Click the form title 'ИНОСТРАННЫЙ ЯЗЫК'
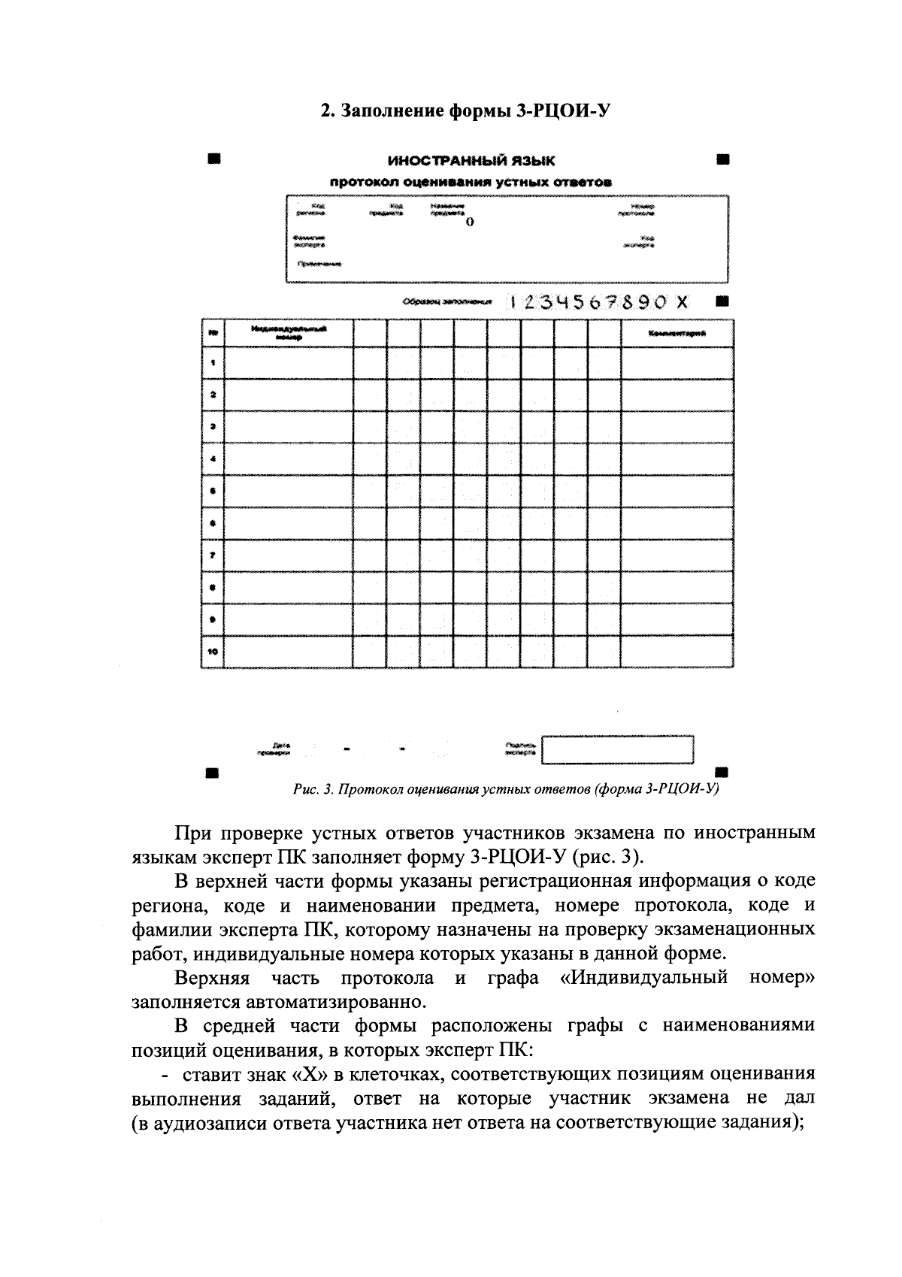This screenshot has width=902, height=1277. pos(471,161)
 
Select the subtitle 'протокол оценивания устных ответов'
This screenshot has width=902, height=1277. pos(471,181)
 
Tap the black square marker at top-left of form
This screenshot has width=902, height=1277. pos(214,159)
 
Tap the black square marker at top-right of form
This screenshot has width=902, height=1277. pos(722,159)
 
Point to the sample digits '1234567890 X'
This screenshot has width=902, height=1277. pos(598,302)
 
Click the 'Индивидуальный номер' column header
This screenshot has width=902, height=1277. pos(289,333)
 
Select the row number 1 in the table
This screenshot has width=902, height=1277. pos(213,363)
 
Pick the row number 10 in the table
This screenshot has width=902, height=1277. pos(213,651)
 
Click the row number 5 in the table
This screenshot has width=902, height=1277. pos(213,492)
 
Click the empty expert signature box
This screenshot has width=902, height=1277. pos(617,749)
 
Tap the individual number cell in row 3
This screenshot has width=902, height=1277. pos(289,427)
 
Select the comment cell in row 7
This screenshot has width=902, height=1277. pos(676,555)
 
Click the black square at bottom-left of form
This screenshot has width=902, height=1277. pos(213,772)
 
